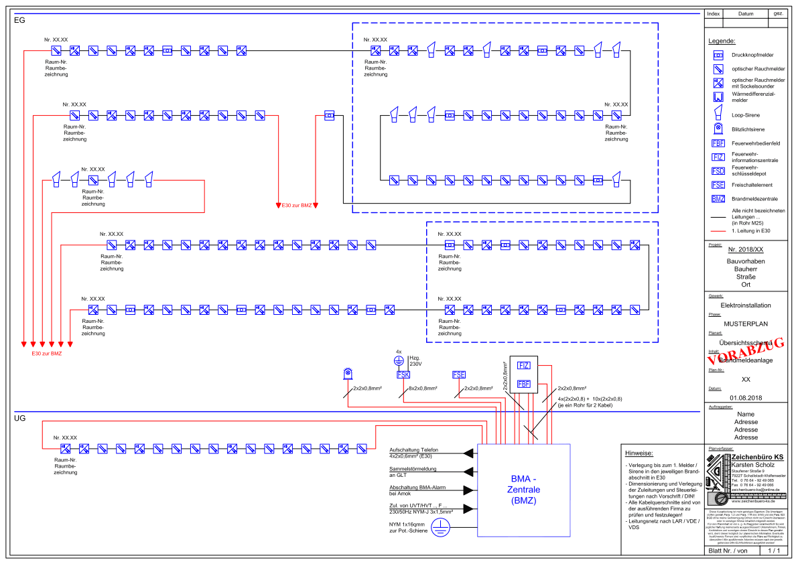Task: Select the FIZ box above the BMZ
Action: coord(523,365)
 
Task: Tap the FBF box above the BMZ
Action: coord(523,384)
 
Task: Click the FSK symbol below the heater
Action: coord(403,374)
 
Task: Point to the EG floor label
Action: coord(19,21)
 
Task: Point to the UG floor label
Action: coord(19,418)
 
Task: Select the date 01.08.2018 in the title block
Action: coord(746,398)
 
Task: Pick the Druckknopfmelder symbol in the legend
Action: coord(718,54)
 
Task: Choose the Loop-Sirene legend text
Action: coord(746,115)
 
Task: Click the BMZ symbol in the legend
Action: coord(718,199)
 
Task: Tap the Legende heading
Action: coord(721,41)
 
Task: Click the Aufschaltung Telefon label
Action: coord(414,451)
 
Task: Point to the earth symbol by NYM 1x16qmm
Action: coord(439,529)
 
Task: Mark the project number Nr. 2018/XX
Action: coord(746,249)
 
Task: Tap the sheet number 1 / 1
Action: coord(774,551)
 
